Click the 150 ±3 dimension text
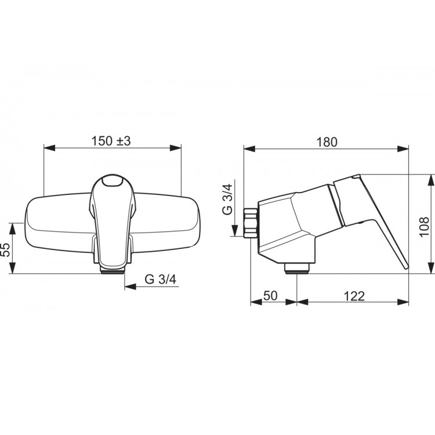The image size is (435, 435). pos(111,141)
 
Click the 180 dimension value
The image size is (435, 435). pos(327,142)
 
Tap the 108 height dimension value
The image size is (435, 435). pos(423,227)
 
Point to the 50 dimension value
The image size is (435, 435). pos(270,296)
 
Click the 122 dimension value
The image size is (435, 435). pos(354,296)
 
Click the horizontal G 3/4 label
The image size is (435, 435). pos(160,279)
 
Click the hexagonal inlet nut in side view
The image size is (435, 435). pos(250,223)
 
